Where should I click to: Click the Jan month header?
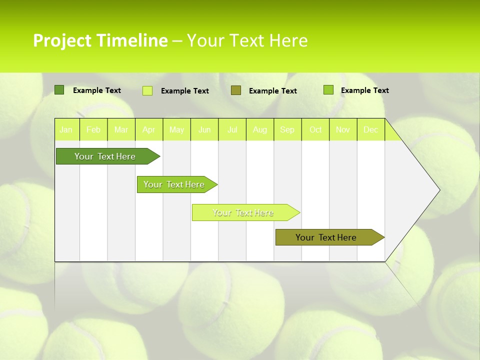coord(66,130)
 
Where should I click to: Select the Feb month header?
coord(93,130)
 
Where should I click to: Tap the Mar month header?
coord(121,130)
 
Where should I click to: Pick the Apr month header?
coord(149,130)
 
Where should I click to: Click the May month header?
coord(176,130)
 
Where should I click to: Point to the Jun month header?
coord(204,130)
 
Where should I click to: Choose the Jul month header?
coord(232,130)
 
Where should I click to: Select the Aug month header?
coord(260,130)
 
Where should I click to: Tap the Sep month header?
coord(287,130)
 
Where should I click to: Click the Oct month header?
coord(315,130)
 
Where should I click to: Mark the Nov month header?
coord(343,130)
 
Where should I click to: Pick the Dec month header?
coord(371,130)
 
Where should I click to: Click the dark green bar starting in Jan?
coord(105,156)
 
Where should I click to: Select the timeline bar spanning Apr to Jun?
coord(174,184)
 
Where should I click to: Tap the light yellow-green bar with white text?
coord(243,212)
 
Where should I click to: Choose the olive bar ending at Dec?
coord(326,237)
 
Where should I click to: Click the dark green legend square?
coord(59,90)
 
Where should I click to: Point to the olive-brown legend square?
coord(236,90)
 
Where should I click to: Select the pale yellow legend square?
coord(147,90)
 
